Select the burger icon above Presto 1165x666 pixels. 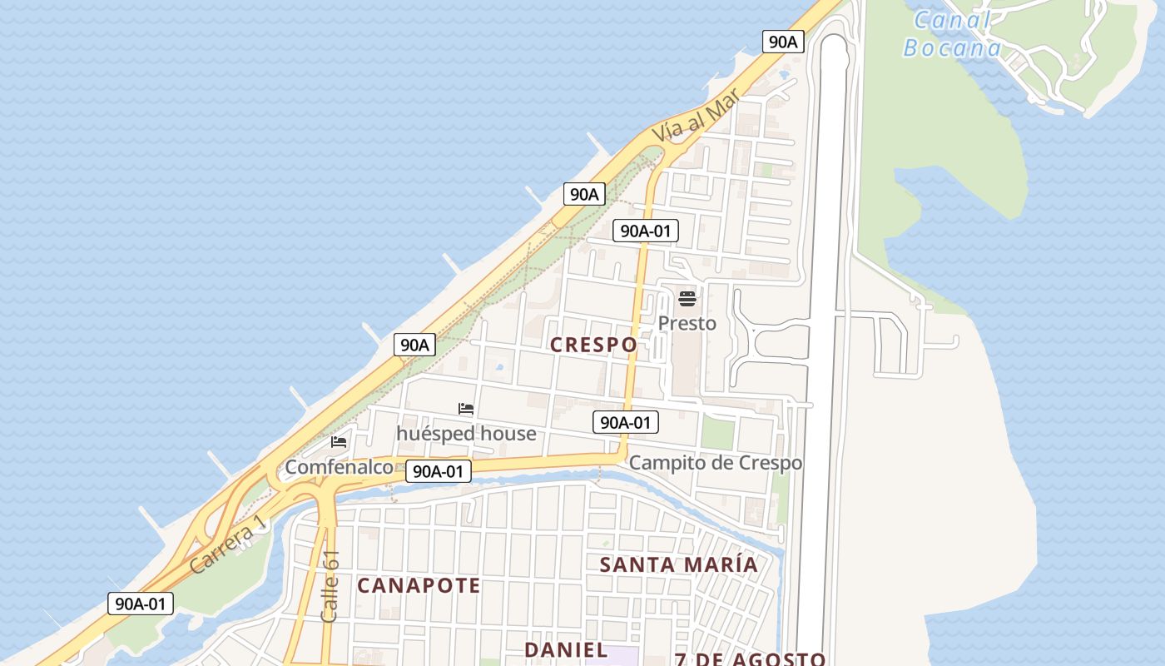tap(687, 298)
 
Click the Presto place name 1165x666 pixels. tap(687, 323)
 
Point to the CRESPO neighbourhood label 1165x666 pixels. tap(594, 345)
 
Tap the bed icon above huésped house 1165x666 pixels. tap(466, 409)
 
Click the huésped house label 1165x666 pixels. tap(466, 434)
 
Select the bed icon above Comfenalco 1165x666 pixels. tap(339, 441)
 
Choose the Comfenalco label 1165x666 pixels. tap(339, 467)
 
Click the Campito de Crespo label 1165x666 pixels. tap(716, 463)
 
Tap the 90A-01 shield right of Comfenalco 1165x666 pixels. tap(439, 471)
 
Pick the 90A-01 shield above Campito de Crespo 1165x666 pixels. tap(626, 422)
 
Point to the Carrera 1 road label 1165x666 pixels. tap(227, 544)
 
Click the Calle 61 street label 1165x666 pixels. tap(330, 586)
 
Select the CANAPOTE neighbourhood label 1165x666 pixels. tap(419, 586)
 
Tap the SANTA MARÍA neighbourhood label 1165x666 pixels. tap(679, 564)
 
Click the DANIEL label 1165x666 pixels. tap(566, 649)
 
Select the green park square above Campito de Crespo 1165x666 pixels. tap(717, 433)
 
